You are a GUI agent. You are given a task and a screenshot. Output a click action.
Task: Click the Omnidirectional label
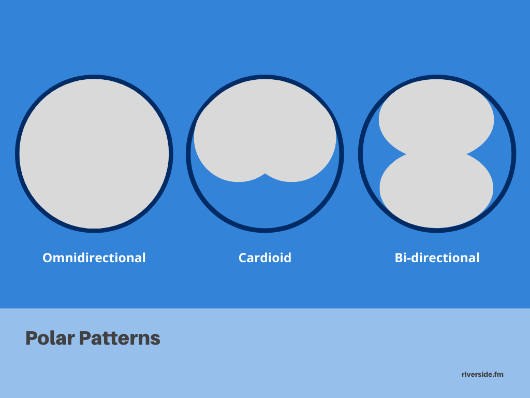click(x=94, y=258)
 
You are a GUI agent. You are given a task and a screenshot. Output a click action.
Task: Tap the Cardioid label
click(x=265, y=258)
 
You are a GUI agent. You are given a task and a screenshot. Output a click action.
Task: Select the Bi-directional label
click(x=437, y=258)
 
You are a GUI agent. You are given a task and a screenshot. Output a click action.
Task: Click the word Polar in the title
click(x=50, y=338)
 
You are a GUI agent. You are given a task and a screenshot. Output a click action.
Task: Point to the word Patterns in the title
click(x=120, y=338)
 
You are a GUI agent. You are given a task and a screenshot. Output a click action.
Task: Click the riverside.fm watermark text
click(x=482, y=374)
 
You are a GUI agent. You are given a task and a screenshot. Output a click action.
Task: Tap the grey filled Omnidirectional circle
click(x=94, y=153)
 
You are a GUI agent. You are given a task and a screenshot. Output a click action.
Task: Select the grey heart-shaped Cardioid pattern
click(x=265, y=130)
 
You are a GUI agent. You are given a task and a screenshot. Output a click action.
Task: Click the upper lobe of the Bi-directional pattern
click(x=436, y=117)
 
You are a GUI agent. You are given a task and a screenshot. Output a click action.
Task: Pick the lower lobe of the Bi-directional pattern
click(x=436, y=191)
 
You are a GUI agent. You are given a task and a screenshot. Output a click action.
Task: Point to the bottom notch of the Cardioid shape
click(x=265, y=174)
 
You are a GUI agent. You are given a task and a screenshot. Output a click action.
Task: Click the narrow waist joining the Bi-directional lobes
click(x=436, y=154)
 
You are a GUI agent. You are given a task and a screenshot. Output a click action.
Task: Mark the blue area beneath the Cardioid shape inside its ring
click(x=265, y=203)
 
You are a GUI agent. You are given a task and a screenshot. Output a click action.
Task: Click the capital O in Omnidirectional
click(x=48, y=258)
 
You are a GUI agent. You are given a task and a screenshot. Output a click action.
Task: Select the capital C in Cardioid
click(x=243, y=258)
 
